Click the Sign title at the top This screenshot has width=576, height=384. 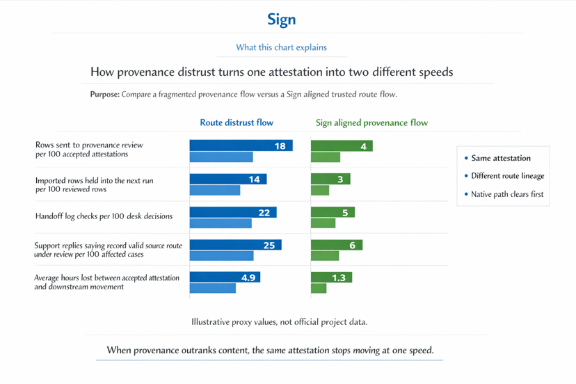(x=281, y=19)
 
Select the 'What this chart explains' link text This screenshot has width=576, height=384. (x=281, y=47)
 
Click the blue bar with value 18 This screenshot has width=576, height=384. (x=241, y=146)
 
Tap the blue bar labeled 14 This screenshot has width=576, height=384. (x=227, y=179)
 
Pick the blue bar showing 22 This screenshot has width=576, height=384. (x=232, y=212)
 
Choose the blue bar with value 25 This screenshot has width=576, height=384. (x=235, y=245)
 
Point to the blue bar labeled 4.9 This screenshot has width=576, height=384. (x=225, y=278)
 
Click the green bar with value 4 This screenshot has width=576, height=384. (x=342, y=146)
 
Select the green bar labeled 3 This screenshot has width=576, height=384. (x=330, y=179)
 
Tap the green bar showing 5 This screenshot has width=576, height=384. (x=333, y=212)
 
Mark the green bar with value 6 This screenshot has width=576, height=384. (x=337, y=245)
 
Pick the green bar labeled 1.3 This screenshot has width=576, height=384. (x=331, y=278)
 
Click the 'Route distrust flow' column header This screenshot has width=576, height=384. (x=237, y=122)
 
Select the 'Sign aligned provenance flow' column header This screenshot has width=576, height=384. (x=371, y=122)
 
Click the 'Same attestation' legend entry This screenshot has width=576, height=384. (x=500, y=158)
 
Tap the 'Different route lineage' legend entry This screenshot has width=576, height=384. (x=507, y=176)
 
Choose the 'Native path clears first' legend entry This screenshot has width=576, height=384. (x=507, y=194)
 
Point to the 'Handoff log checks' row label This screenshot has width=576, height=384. (x=104, y=216)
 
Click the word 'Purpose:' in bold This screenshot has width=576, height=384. (x=104, y=94)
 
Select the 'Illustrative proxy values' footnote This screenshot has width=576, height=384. (x=279, y=322)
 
